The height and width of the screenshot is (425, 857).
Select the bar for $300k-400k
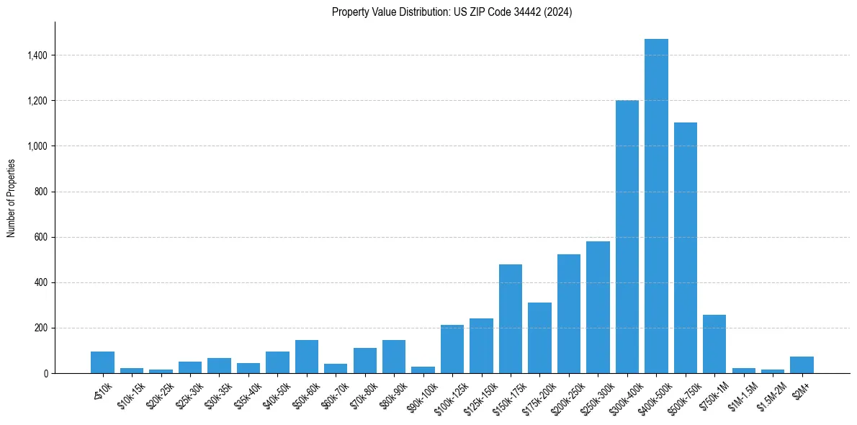[627, 237]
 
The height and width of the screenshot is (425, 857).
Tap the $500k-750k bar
[685, 249]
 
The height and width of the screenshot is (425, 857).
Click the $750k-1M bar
[714, 344]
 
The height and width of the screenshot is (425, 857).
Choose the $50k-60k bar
[307, 357]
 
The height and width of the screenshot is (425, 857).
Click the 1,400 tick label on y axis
[37, 55]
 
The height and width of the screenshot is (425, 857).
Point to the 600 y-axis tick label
[42, 238]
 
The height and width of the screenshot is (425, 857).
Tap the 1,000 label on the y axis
[37, 146]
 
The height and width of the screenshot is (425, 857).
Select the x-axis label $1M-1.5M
[740, 393]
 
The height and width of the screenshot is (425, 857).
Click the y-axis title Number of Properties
[12, 197]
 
